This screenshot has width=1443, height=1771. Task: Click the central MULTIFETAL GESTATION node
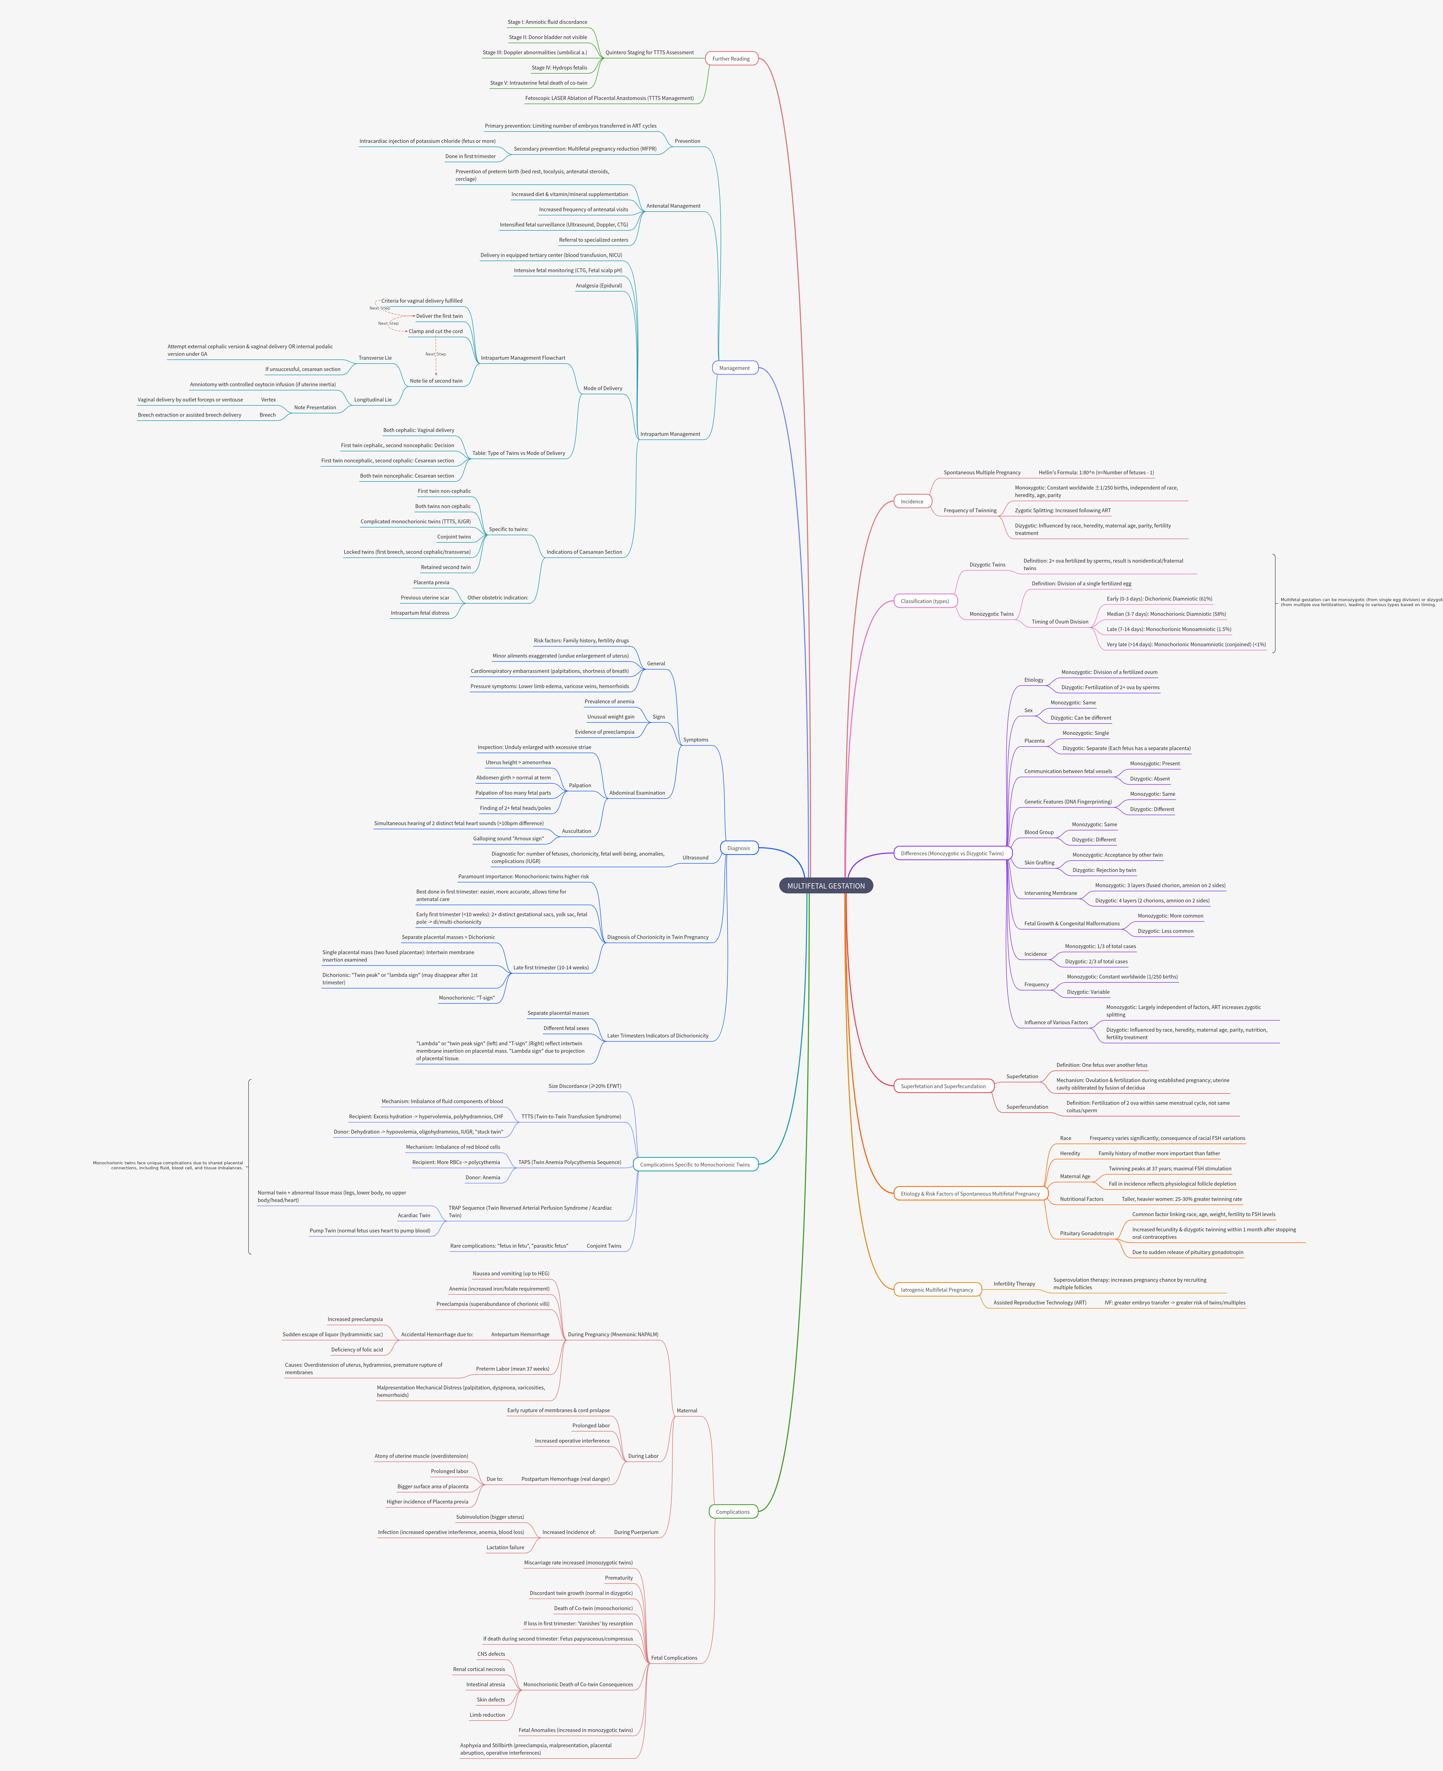825,886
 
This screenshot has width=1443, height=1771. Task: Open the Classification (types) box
924,601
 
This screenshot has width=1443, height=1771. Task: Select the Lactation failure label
505,1547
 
